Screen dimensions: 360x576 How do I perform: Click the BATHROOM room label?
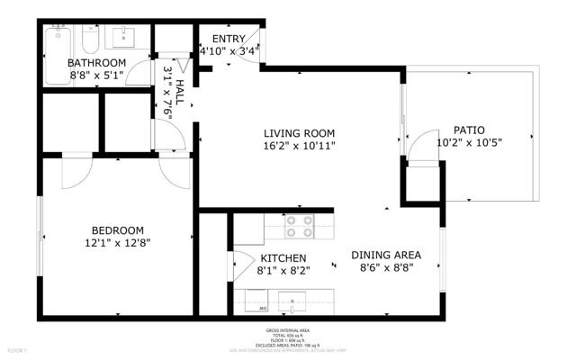tap(97, 62)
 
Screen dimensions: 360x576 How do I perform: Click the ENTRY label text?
tap(228, 38)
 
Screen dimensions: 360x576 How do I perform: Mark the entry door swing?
tap(254, 40)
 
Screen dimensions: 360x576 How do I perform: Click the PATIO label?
tap(468, 129)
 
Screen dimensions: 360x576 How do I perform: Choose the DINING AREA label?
tap(386, 255)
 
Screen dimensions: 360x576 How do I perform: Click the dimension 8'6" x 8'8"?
tap(386, 267)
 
